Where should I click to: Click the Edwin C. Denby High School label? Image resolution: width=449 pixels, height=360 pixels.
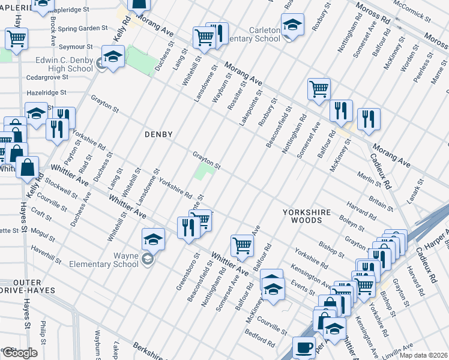tap(64, 64)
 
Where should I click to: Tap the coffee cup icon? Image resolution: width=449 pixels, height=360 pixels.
tap(304, 347)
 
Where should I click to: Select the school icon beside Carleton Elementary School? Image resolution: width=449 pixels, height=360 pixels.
tap(292, 25)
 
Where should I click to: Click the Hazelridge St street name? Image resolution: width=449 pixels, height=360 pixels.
tap(46, 93)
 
